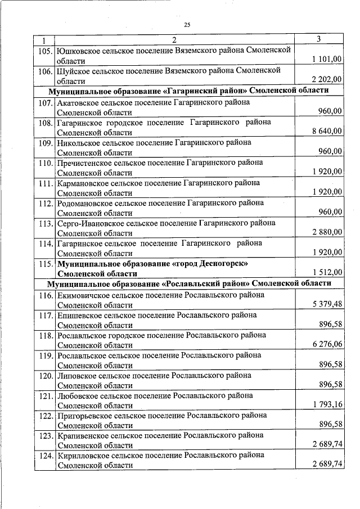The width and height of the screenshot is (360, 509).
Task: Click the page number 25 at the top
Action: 187,24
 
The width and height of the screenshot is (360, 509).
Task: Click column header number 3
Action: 319,39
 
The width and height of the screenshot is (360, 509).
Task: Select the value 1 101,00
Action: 326,59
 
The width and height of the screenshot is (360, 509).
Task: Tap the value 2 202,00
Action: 326,80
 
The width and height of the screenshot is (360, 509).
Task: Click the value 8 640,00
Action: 326,132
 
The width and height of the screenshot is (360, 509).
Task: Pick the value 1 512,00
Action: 326,273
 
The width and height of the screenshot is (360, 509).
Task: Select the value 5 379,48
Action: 326,304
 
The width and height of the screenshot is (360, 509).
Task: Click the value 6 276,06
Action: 326,344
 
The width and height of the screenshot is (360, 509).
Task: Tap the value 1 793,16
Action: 326,404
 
